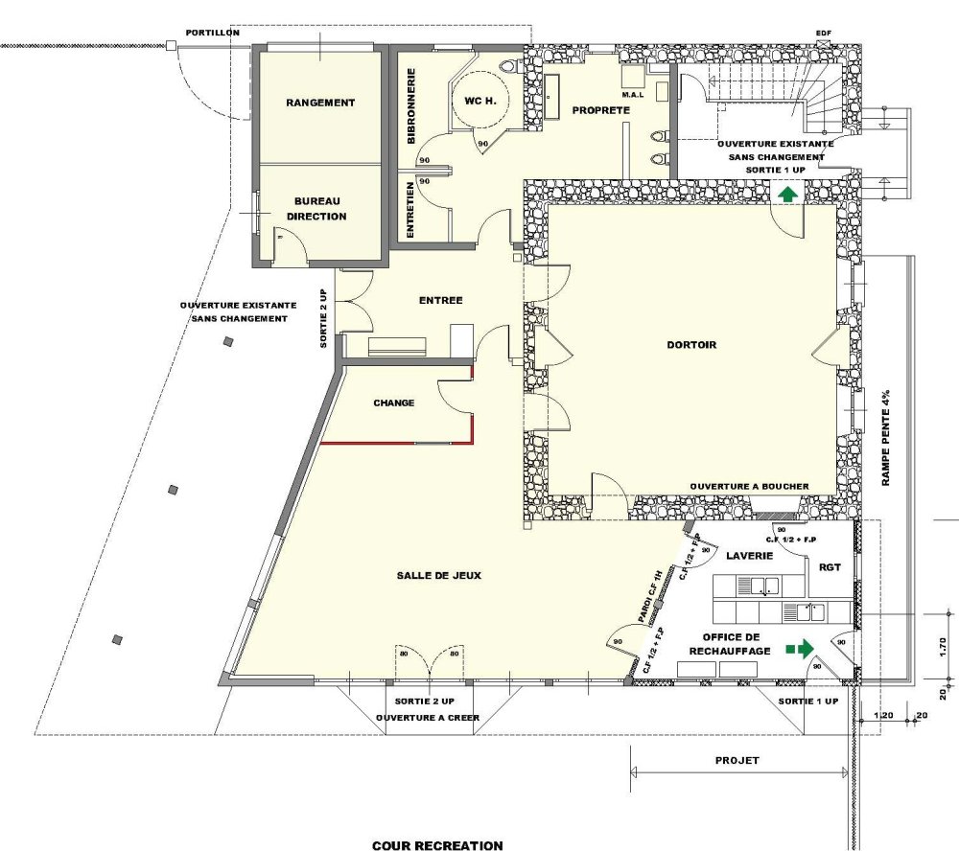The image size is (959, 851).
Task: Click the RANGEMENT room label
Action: coord(320,103)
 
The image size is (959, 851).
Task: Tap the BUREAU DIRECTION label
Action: coord(316,209)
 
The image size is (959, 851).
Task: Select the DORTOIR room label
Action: coord(691,345)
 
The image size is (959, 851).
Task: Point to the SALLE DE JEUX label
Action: coord(439,575)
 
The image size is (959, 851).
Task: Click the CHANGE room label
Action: coord(394,402)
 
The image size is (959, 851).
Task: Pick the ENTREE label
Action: coord(441,300)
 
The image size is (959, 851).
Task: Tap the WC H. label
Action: coord(480,101)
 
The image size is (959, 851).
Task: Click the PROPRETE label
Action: coord(601,110)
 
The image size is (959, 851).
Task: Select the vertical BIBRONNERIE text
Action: coord(411,105)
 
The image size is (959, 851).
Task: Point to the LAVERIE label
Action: coord(750,556)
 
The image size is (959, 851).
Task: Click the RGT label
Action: coord(830,567)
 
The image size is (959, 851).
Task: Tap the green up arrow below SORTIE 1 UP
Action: coord(788,195)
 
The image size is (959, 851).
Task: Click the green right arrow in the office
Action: coord(801,648)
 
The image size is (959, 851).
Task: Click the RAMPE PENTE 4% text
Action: coord(885,438)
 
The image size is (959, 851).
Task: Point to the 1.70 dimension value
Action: coord(943,646)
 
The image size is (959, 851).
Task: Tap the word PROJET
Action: coord(737,761)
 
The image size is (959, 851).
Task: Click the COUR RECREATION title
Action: coord(438,845)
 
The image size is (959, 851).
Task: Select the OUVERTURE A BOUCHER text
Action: coord(750,487)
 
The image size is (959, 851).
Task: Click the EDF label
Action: coord(824,33)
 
